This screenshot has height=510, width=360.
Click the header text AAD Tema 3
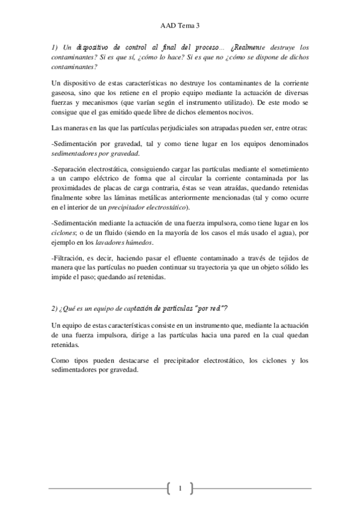(x=180, y=26)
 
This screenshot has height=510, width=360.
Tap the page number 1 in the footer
(x=180, y=488)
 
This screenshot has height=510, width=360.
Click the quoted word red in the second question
(x=219, y=309)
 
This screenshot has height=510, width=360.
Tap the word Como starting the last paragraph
(x=61, y=360)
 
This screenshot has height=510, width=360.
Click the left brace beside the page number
(x=167, y=488)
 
